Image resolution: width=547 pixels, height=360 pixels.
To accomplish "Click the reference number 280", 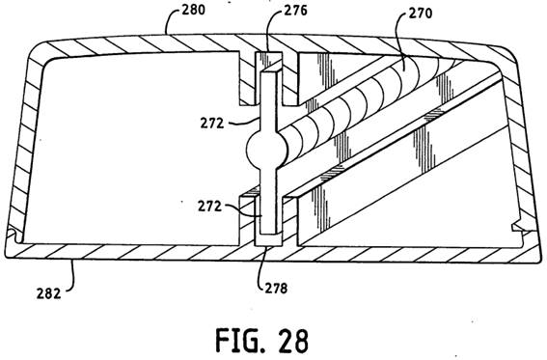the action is coord(193,10).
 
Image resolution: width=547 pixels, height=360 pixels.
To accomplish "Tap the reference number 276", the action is coord(295,11).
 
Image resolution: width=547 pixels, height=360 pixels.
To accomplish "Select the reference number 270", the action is coord(420,13).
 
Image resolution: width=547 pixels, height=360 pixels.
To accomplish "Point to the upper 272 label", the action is coord(211,124).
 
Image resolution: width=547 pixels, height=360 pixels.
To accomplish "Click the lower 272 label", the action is coord(209,207).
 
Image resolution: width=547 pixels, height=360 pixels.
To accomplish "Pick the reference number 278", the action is coord(276,288).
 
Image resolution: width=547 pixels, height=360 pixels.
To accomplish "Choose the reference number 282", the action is coord(48,293).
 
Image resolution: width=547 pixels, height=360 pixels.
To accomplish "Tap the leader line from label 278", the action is coord(262,265).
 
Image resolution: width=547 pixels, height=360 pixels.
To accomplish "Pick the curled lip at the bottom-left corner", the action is coord(14,235).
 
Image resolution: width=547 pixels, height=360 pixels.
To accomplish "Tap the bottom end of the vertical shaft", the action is coord(268,232).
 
